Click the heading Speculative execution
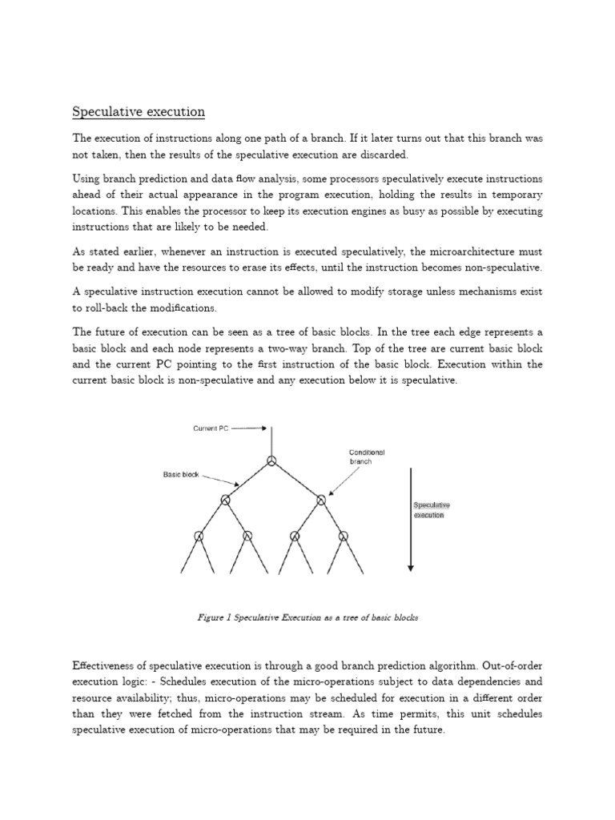[x=139, y=111]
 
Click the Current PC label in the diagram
[x=211, y=428]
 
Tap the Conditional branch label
[x=367, y=456]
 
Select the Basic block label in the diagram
[x=181, y=475]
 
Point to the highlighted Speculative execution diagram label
[x=432, y=510]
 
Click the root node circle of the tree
[x=271, y=460]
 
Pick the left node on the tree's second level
[x=225, y=500]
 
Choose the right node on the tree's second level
[x=320, y=500]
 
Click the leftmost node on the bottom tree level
[x=199, y=536]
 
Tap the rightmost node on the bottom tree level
[x=344, y=536]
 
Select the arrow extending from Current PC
[x=249, y=428]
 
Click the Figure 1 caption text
[x=307, y=617]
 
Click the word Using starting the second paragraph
[x=86, y=179]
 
